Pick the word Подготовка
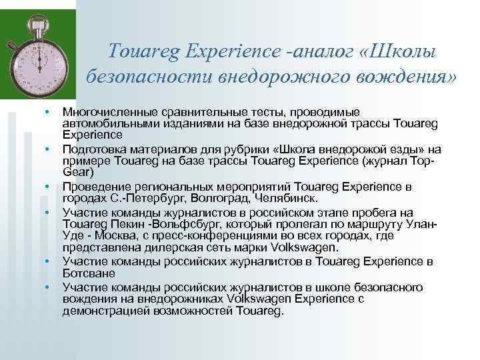pyautogui.click(x=92, y=148)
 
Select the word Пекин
pyautogui.click(x=136, y=224)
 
